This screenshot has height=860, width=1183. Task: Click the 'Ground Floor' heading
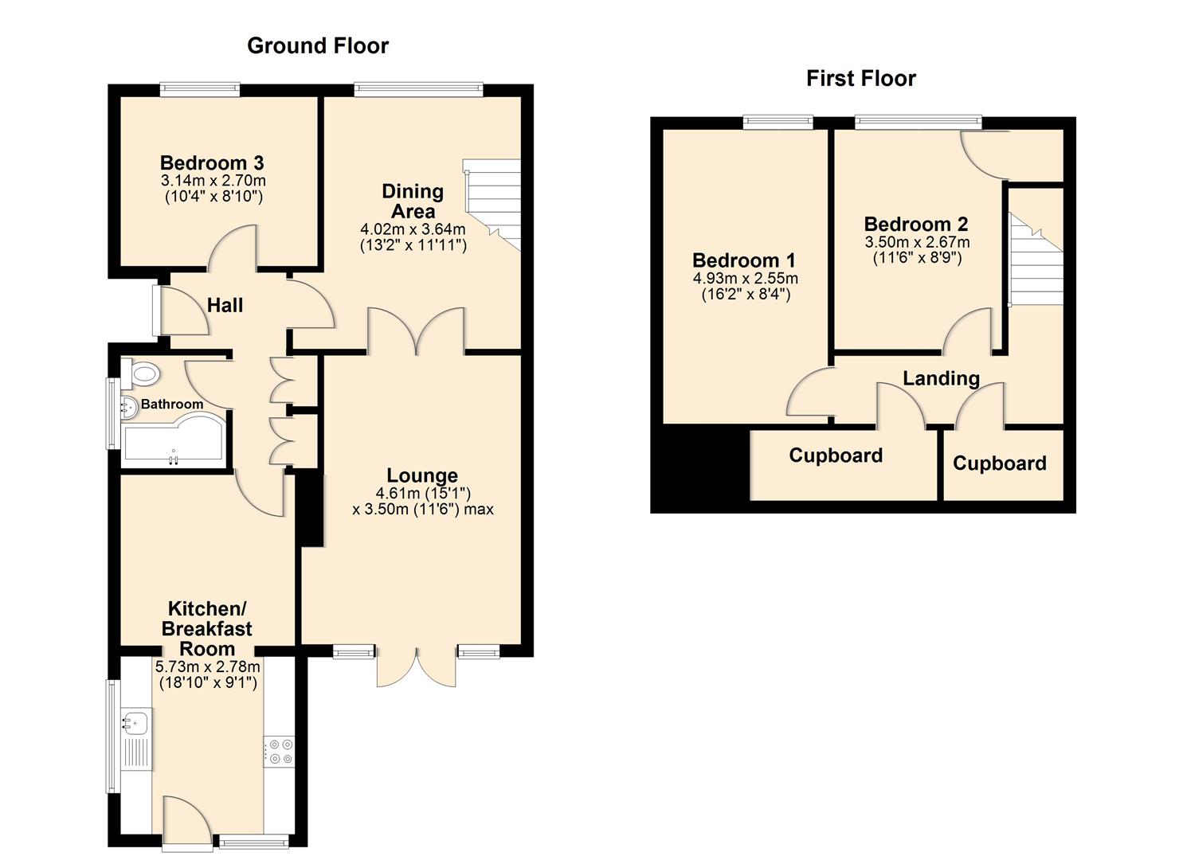318,46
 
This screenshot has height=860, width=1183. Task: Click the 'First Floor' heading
860,79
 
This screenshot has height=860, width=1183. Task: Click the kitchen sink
135,724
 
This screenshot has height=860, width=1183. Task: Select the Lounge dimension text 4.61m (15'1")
423,493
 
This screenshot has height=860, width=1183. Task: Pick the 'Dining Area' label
413,201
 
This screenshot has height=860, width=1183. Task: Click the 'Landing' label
941,378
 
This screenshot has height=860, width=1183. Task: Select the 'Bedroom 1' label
744,260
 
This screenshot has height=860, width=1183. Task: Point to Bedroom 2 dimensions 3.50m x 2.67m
917,242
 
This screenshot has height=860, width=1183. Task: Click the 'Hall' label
225,305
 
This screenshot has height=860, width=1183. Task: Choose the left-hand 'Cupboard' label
836,455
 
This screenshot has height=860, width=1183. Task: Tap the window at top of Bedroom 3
199,89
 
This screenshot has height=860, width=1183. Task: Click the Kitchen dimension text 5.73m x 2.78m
207,666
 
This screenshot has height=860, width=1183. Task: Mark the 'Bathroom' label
172,405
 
